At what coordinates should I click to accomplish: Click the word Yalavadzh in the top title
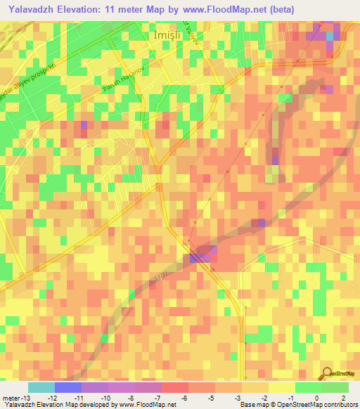(35, 9)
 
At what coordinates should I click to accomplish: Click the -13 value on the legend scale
(26, 397)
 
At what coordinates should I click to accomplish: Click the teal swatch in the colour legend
(41, 387)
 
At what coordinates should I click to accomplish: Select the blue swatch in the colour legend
(67, 387)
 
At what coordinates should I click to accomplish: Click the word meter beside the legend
(12, 397)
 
